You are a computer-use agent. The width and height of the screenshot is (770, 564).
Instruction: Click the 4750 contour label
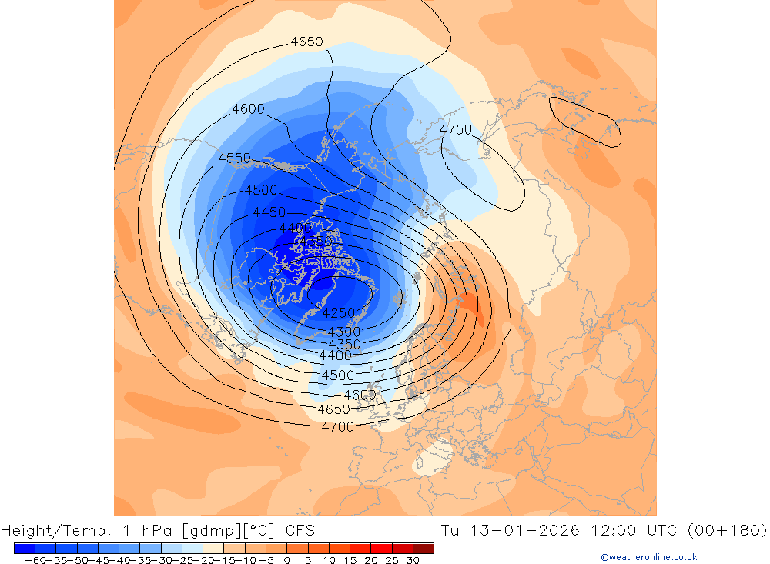(455, 130)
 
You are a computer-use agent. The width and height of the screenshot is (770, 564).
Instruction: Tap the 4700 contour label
(337, 426)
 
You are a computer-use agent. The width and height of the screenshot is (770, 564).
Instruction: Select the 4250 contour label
(339, 313)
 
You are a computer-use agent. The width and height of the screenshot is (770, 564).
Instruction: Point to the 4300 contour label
(343, 332)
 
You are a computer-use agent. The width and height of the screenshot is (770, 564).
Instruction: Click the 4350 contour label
(344, 344)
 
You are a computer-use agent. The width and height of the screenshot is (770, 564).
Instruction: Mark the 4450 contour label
(269, 212)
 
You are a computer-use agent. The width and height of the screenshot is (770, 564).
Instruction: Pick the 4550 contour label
(234, 159)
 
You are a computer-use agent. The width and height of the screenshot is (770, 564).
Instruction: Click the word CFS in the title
(299, 530)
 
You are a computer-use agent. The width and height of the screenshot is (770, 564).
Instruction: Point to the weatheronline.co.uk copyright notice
(648, 557)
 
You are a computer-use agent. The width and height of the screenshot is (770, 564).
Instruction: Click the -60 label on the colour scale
(34, 560)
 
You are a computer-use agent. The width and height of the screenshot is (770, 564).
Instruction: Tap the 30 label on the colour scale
(413, 560)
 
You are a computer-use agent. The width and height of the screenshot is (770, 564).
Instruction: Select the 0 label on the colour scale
(287, 560)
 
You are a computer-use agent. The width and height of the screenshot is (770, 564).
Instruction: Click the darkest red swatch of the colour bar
(423, 549)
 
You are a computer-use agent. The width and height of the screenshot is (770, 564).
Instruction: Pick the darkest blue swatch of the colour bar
(25, 549)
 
